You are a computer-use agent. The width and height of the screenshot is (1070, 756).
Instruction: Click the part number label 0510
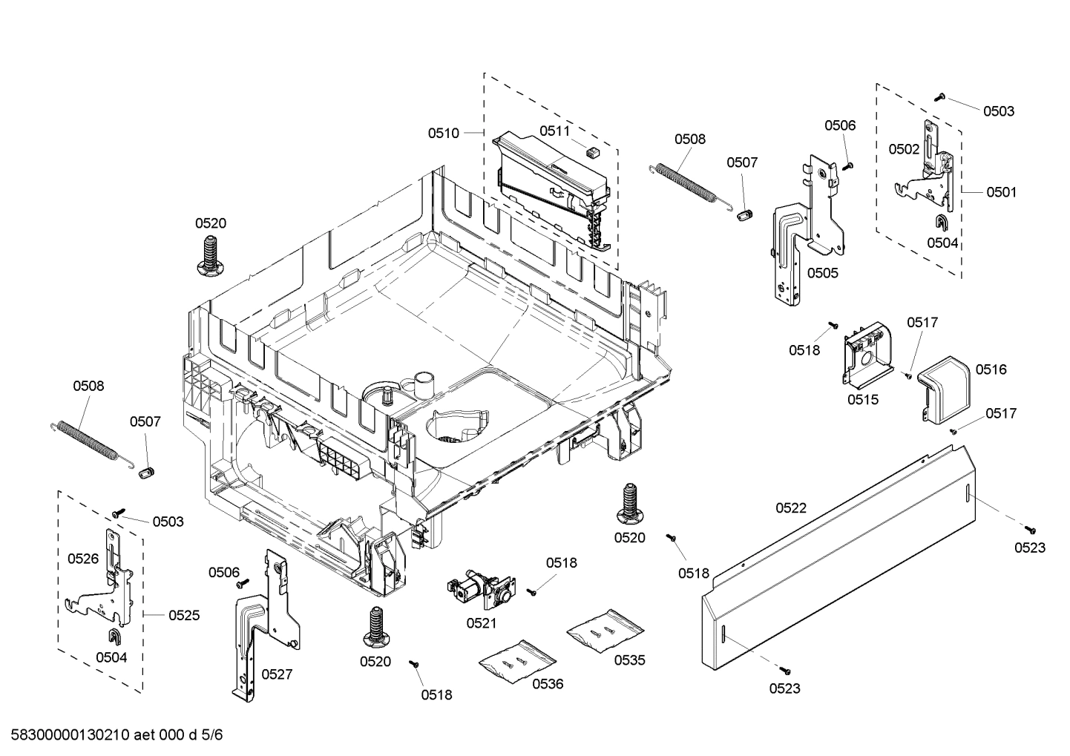443,134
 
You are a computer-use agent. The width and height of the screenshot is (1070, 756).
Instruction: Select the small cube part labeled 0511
592,151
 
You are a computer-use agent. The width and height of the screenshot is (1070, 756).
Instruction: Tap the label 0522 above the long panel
791,508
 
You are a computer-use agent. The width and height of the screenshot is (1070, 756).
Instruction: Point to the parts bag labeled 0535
604,630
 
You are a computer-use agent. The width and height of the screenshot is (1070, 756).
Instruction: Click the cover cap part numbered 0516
945,385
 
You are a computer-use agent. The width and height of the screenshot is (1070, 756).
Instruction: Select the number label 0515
863,400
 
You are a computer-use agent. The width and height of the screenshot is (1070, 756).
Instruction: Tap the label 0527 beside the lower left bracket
277,674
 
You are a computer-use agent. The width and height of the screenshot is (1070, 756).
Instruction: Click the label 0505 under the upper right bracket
822,273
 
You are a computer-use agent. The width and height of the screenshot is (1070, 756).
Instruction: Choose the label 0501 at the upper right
1001,192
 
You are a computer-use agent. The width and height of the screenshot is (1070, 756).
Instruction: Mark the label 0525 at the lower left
184,615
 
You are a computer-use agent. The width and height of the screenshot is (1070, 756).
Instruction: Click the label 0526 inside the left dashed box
83,559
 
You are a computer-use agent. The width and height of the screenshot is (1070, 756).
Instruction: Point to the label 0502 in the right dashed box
904,149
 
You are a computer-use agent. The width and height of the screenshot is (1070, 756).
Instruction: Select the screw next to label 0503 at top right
940,97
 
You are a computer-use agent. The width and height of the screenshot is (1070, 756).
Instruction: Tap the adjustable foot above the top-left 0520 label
210,256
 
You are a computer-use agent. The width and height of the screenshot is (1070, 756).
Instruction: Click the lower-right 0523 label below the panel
784,688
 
